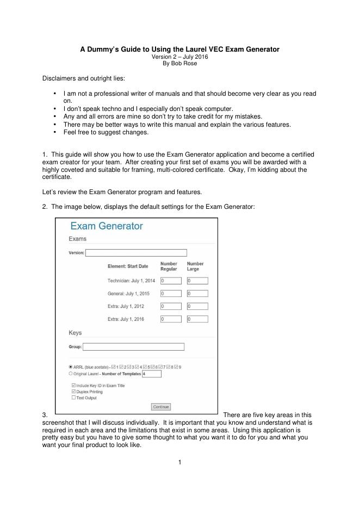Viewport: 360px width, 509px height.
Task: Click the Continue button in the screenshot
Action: click(161, 407)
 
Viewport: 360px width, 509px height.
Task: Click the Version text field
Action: click(136, 252)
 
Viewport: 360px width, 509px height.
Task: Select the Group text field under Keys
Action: click(133, 346)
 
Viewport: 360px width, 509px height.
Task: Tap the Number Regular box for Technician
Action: click(171, 281)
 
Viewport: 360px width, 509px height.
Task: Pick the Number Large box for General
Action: click(197, 294)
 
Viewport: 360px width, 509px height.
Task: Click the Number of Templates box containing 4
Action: click(152, 374)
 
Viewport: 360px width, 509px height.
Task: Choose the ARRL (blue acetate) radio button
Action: click(71, 367)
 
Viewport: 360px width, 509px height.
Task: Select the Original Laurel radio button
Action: click(71, 374)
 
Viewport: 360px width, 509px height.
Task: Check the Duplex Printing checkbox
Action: click(73, 391)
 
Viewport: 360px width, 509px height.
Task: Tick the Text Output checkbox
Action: click(73, 397)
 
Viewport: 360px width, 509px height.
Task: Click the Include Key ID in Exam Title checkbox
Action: click(73, 385)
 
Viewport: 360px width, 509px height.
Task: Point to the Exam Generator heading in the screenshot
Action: click(107, 226)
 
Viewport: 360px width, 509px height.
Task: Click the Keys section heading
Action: click(75, 333)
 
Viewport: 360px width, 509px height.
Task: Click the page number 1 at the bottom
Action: click(180, 462)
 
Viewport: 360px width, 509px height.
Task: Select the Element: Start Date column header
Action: click(128, 266)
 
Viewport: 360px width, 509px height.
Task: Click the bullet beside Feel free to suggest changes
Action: click(56, 132)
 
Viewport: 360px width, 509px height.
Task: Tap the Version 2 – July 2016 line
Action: click(179, 57)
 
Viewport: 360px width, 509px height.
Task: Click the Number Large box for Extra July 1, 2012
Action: click(197, 306)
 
